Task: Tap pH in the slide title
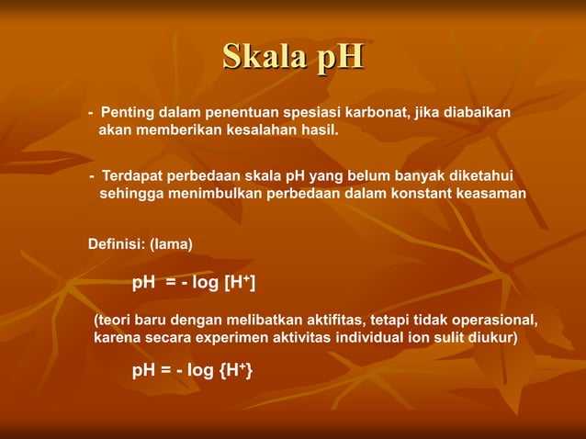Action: (340, 57)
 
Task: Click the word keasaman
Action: (489, 194)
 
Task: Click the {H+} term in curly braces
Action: (238, 370)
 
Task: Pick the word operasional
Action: (494, 321)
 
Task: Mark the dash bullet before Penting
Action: (91, 113)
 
